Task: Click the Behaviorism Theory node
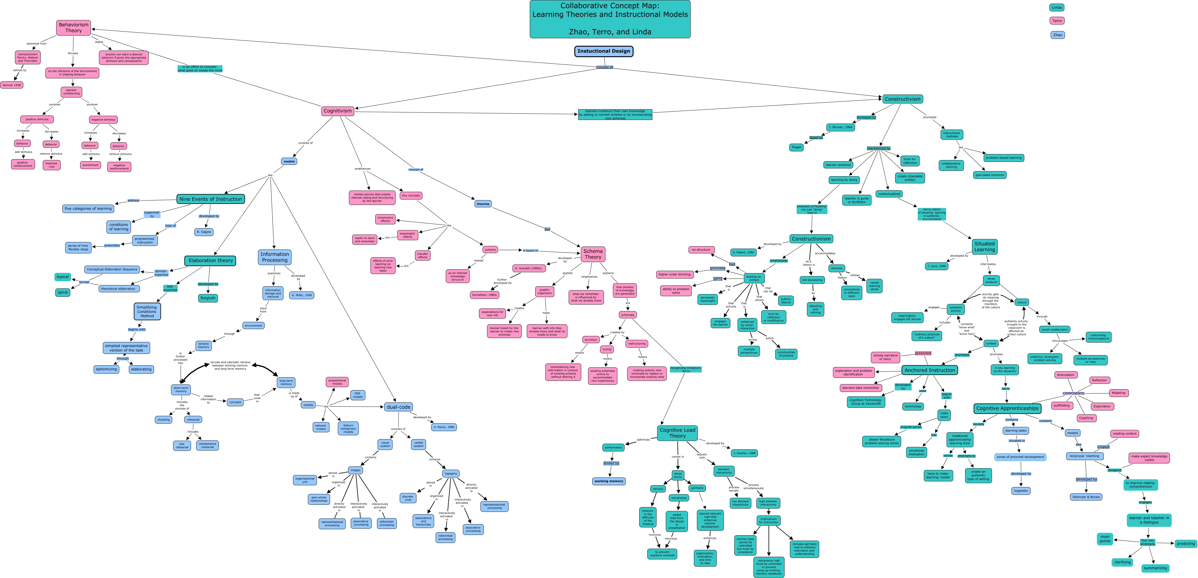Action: tap(74, 28)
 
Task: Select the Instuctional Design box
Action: tap(604, 51)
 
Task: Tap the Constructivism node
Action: tap(902, 99)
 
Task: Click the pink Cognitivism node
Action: tap(338, 111)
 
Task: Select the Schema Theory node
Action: tap(593, 254)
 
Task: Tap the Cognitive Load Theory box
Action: tap(677, 433)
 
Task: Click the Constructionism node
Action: tap(811, 239)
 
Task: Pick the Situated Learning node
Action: tap(985, 247)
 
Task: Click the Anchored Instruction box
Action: tap(929, 370)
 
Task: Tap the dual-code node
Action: tap(399, 407)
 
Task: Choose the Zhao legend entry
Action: tap(1057, 35)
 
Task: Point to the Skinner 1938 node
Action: tap(12, 85)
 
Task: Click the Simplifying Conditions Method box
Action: tap(147, 311)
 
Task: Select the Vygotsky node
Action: tap(1021, 491)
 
